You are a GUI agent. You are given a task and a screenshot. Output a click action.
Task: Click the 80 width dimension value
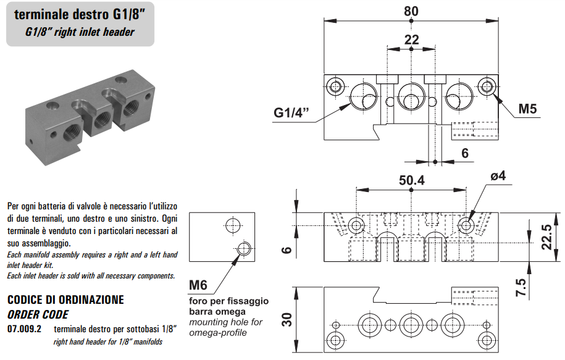coord(411,11)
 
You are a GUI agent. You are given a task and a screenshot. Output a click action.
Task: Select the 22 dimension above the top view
coord(411,40)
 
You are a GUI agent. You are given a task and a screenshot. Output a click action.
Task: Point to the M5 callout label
coord(527,109)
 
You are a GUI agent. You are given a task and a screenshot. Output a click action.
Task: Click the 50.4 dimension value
coord(412,180)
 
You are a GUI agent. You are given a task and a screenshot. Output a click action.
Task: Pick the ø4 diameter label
coord(498,176)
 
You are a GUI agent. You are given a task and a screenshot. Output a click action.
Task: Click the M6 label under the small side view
coord(198,285)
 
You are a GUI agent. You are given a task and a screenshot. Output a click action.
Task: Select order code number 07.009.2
coord(24,329)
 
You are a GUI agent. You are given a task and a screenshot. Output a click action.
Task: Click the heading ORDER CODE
coord(41,314)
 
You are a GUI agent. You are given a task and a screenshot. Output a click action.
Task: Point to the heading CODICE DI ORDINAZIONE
coord(65,299)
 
